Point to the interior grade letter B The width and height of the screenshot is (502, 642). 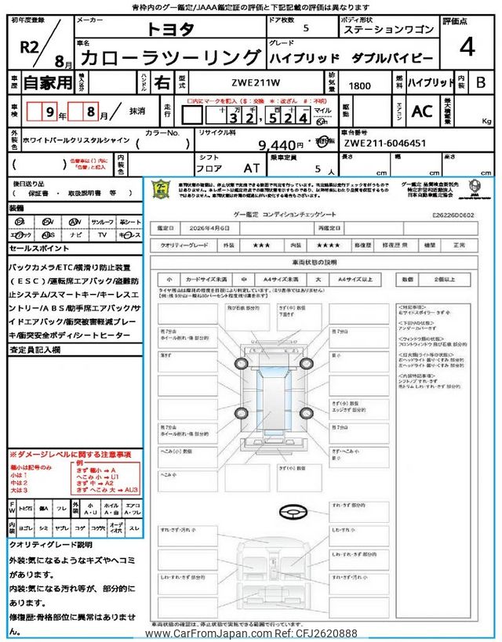click(x=482, y=82)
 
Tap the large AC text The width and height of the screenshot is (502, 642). click(x=422, y=111)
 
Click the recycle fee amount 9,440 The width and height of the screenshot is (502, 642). click(x=280, y=144)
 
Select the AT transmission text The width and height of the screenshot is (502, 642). click(x=252, y=168)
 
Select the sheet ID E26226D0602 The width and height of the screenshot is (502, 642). click(x=454, y=214)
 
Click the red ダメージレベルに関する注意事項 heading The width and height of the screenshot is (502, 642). click(x=71, y=455)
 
